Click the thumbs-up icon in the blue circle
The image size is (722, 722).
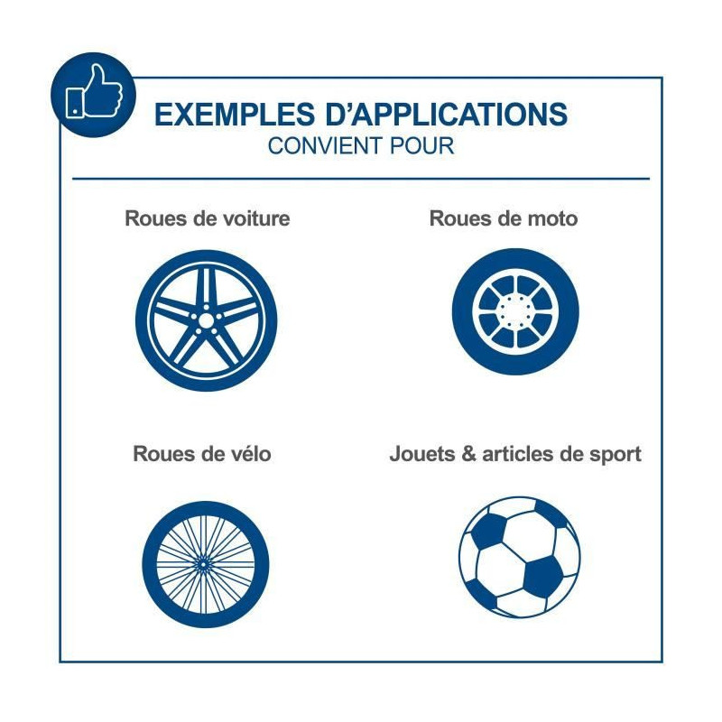[x=95, y=91]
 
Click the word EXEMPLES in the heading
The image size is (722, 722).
[x=235, y=115]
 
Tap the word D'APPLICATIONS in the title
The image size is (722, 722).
[x=447, y=115]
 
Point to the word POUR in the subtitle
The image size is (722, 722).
[x=421, y=146]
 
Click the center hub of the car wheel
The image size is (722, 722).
[x=207, y=320]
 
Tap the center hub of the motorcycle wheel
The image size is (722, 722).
[x=515, y=311]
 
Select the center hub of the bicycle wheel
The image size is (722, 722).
[x=203, y=563]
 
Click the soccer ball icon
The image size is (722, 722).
[x=520, y=557]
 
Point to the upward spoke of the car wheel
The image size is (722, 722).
[x=207, y=288]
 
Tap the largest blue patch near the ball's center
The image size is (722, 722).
[x=544, y=577]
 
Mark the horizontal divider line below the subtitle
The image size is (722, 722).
[x=361, y=178]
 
